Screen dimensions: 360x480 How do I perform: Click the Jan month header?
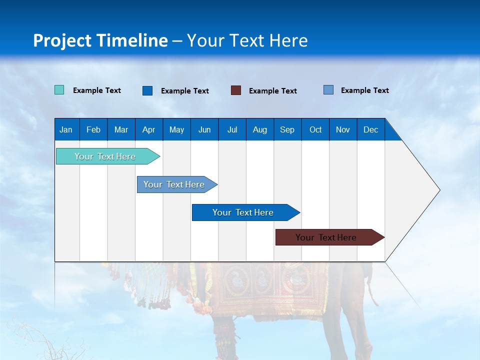pyautogui.click(x=66, y=129)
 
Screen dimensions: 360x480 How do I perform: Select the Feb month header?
pyautogui.click(x=93, y=129)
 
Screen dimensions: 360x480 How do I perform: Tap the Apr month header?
pyautogui.click(x=148, y=129)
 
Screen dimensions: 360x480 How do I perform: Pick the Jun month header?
pyautogui.click(x=204, y=129)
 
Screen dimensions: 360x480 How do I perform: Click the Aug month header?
pyautogui.click(x=259, y=129)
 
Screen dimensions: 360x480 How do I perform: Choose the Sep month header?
pyautogui.click(x=287, y=129)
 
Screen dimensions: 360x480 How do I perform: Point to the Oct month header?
pyautogui.click(x=315, y=129)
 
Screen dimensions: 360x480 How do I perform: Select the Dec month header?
pyautogui.click(x=370, y=129)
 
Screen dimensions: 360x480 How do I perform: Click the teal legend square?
pyautogui.click(x=59, y=90)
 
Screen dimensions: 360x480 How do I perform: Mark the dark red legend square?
pyautogui.click(x=236, y=90)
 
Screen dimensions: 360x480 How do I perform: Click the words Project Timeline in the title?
pyautogui.click(x=100, y=40)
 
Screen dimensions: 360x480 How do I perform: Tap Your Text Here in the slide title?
pyautogui.click(x=247, y=40)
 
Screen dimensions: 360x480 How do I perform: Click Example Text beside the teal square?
pyautogui.click(x=97, y=90)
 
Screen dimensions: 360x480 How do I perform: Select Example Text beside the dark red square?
pyautogui.click(x=273, y=91)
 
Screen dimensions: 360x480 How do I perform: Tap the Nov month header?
pyautogui.click(x=343, y=129)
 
